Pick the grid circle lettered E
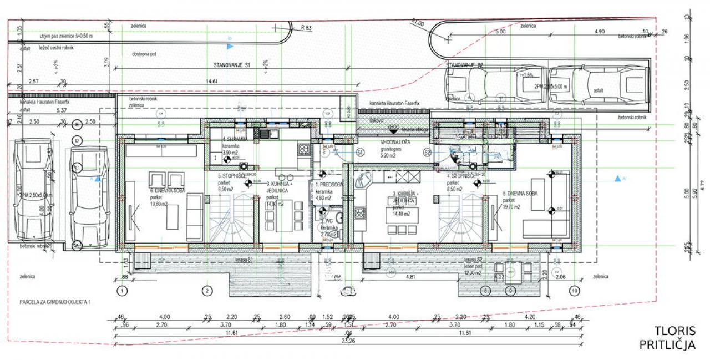(x=78, y=124)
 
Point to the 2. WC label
(x=326, y=220)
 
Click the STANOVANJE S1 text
(x=232, y=65)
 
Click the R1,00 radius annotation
(x=418, y=22)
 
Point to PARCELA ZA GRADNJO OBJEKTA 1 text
(x=54, y=302)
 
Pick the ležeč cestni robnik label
(x=48, y=48)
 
